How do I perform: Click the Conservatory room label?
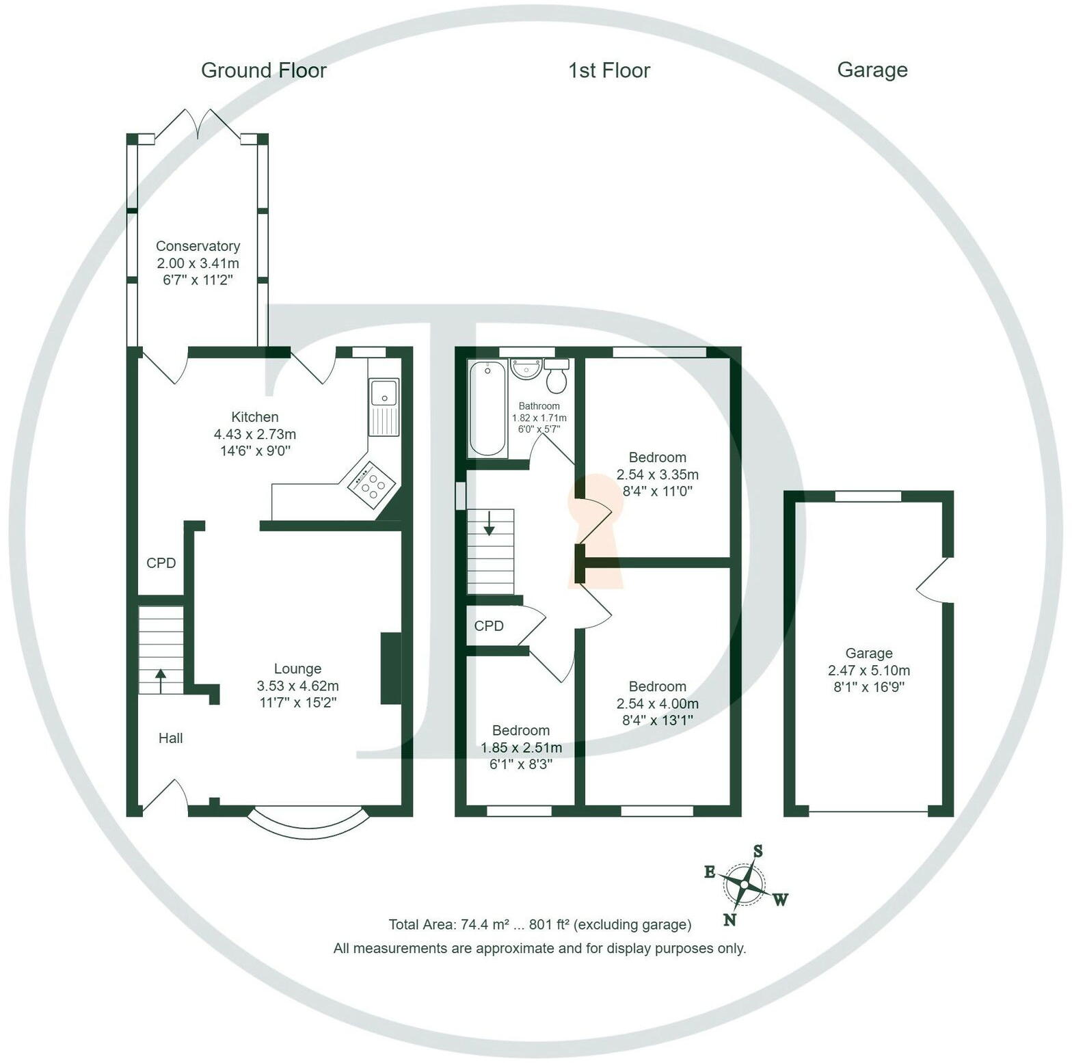pyautogui.click(x=198, y=246)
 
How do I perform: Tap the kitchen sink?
pyautogui.click(x=384, y=407)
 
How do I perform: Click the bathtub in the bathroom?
pyautogui.click(x=487, y=408)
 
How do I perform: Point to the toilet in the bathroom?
pyautogui.click(x=557, y=376)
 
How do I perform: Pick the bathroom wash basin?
pyautogui.click(x=526, y=368)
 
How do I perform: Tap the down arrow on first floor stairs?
pyautogui.click(x=490, y=525)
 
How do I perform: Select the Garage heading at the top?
pyautogui.click(x=872, y=70)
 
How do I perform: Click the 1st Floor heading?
pyautogui.click(x=608, y=70)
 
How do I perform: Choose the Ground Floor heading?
pyautogui.click(x=264, y=70)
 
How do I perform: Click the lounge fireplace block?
pyautogui.click(x=391, y=668)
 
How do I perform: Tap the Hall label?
pyautogui.click(x=170, y=738)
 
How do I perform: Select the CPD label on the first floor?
pyautogui.click(x=489, y=626)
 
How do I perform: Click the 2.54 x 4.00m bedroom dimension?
pyautogui.click(x=657, y=703)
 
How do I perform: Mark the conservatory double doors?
pyautogui.click(x=198, y=126)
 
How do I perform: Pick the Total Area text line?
pyautogui.click(x=539, y=925)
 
